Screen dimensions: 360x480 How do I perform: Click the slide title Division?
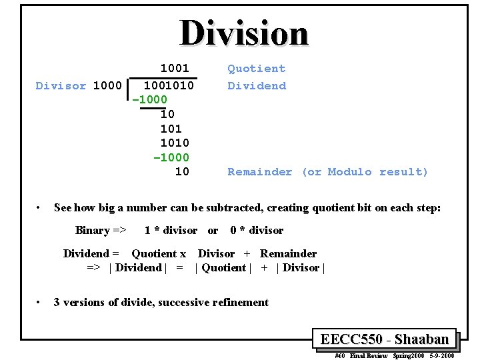tap(244, 33)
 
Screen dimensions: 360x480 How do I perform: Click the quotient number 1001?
tap(175, 68)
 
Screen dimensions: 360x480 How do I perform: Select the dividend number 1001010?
tap(169, 85)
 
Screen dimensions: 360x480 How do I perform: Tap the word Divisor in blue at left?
tap(61, 85)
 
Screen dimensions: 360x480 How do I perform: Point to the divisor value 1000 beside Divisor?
tap(107, 85)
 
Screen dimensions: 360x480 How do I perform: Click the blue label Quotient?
tap(256, 68)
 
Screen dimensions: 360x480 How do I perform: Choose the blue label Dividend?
tap(256, 85)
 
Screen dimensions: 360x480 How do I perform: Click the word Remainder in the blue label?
tap(259, 172)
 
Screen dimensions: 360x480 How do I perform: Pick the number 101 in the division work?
tap(171, 128)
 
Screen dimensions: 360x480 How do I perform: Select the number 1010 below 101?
tap(175, 143)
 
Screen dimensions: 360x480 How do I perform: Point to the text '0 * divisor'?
tap(257, 230)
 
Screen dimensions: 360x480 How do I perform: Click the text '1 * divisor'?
tap(171, 230)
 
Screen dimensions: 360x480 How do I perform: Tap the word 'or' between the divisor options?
tap(213, 230)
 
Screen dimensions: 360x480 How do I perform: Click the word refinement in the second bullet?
tap(240, 302)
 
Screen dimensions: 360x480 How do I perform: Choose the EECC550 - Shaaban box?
tap(384, 339)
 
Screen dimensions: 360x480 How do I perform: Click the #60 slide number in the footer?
tap(339, 355)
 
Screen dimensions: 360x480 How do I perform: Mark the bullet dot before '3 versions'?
tap(39, 302)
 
